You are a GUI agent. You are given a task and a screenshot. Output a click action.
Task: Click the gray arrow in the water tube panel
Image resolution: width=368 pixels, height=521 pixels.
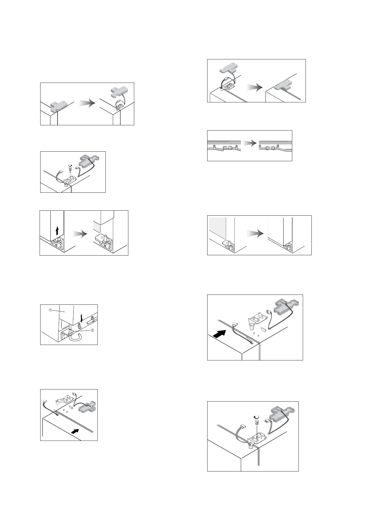pos(250,143)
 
